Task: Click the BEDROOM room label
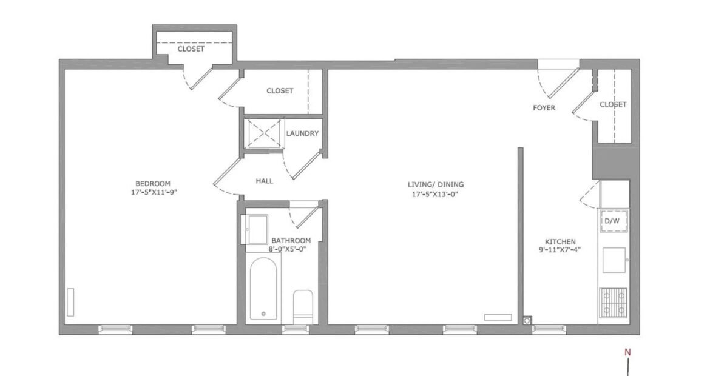click(x=153, y=184)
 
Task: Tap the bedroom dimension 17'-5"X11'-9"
click(x=154, y=192)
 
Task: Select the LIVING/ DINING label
click(x=436, y=184)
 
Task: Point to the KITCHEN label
click(x=560, y=241)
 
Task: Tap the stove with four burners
click(x=614, y=302)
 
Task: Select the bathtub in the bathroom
click(x=263, y=289)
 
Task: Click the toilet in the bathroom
click(x=303, y=306)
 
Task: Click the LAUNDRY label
click(x=302, y=133)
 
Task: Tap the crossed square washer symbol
click(x=264, y=133)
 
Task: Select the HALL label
click(x=265, y=181)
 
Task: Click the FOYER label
click(x=544, y=108)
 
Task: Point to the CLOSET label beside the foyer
click(x=613, y=104)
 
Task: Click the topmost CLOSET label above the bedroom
click(x=191, y=49)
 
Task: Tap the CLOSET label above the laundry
click(x=280, y=91)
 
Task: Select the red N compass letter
click(x=627, y=352)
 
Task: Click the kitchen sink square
click(x=614, y=260)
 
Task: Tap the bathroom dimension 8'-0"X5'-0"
click(x=288, y=249)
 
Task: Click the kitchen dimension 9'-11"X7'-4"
click(x=560, y=250)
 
